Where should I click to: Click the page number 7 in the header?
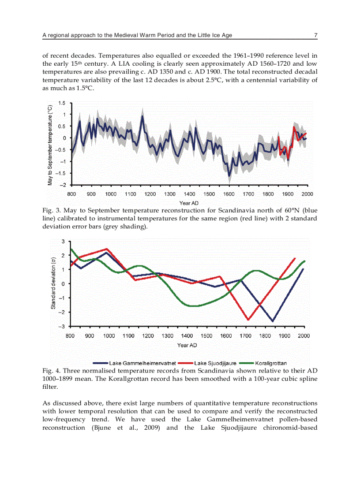click(x=315, y=35)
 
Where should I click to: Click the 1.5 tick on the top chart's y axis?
click(x=62, y=103)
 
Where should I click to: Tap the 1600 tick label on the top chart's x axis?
click(x=229, y=194)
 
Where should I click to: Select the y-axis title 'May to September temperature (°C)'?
click(x=51, y=144)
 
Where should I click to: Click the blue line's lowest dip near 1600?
click(x=229, y=176)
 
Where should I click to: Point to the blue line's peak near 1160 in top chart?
click(x=142, y=116)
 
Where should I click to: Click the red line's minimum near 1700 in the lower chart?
click(x=248, y=320)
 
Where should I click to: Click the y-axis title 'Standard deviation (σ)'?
click(x=53, y=283)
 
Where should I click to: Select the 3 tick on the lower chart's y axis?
click(x=63, y=242)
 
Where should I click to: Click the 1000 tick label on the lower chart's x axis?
click(x=109, y=336)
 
